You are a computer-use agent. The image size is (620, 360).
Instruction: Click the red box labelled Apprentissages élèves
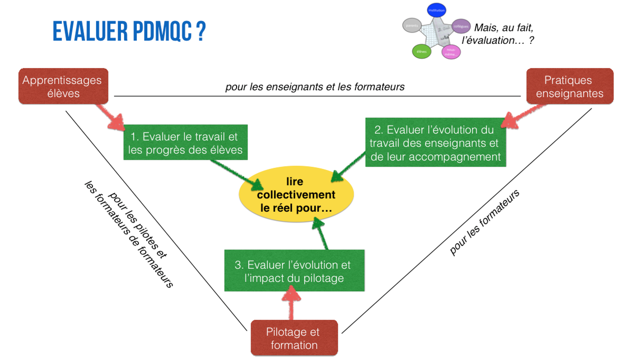pyautogui.click(x=63, y=86)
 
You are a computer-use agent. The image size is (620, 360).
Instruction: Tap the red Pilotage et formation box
pyautogui.click(x=293, y=338)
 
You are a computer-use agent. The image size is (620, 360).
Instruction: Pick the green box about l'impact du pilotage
pyautogui.click(x=293, y=271)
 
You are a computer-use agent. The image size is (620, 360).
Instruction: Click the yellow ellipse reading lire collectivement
pyautogui.click(x=296, y=195)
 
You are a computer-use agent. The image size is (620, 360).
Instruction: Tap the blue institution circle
pyautogui.click(x=436, y=10)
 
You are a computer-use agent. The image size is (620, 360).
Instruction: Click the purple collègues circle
pyautogui.click(x=460, y=26)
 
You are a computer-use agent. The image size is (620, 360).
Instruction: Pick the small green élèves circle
pyautogui.click(x=421, y=51)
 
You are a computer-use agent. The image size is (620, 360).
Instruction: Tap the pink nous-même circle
pyautogui.click(x=451, y=51)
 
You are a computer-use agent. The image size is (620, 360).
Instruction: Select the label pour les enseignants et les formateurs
pyautogui.click(x=315, y=87)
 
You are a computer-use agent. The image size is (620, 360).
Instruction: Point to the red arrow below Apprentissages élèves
pyautogui.click(x=114, y=116)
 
